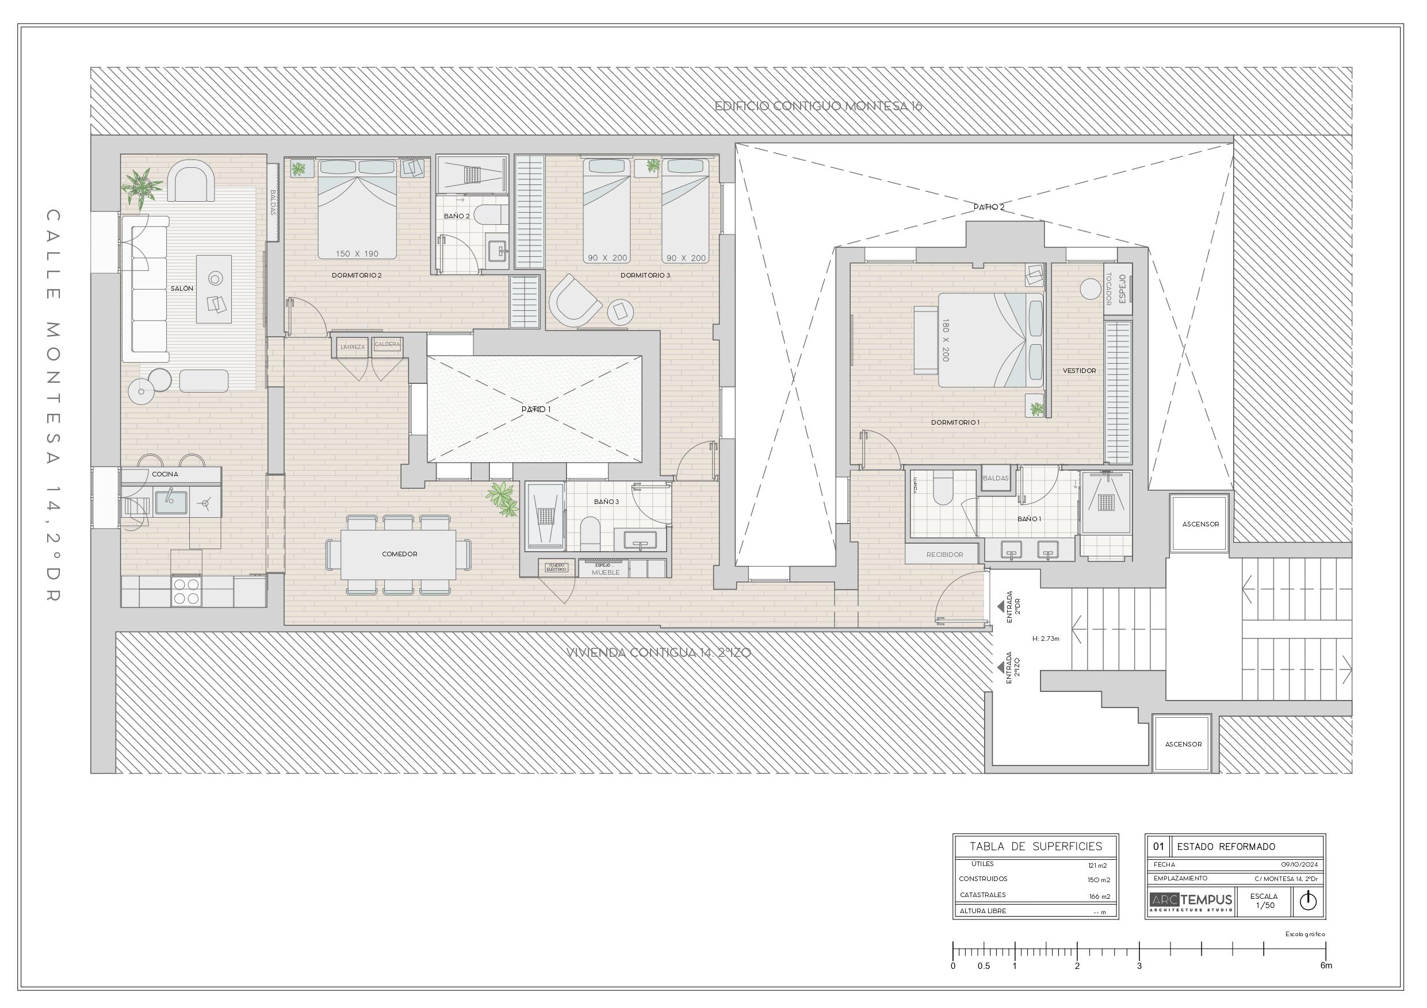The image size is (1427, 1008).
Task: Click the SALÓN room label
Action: (x=182, y=289)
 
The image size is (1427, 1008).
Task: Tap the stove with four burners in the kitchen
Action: (x=186, y=591)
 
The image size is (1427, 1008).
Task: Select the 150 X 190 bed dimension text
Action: (x=357, y=254)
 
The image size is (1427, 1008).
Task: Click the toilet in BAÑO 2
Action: (x=492, y=216)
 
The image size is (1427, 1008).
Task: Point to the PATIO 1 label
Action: (x=535, y=409)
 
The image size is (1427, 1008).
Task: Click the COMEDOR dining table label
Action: (x=399, y=554)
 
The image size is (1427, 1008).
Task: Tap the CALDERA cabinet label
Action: (x=387, y=344)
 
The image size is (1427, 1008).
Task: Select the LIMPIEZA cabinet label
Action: (x=353, y=347)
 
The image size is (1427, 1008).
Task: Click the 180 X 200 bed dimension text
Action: (x=946, y=340)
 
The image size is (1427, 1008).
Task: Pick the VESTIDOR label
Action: (x=1079, y=371)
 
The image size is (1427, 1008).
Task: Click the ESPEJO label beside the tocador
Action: (x=1122, y=289)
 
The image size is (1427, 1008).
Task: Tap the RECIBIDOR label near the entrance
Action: (x=944, y=555)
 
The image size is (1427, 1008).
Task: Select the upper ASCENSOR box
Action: (x=1200, y=524)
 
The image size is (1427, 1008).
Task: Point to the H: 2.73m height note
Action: (x=1046, y=638)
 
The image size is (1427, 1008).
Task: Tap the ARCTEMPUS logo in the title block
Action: (x=1190, y=901)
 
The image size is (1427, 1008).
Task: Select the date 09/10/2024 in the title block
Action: (x=1299, y=864)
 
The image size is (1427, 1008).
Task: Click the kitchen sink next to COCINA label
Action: (x=170, y=501)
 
